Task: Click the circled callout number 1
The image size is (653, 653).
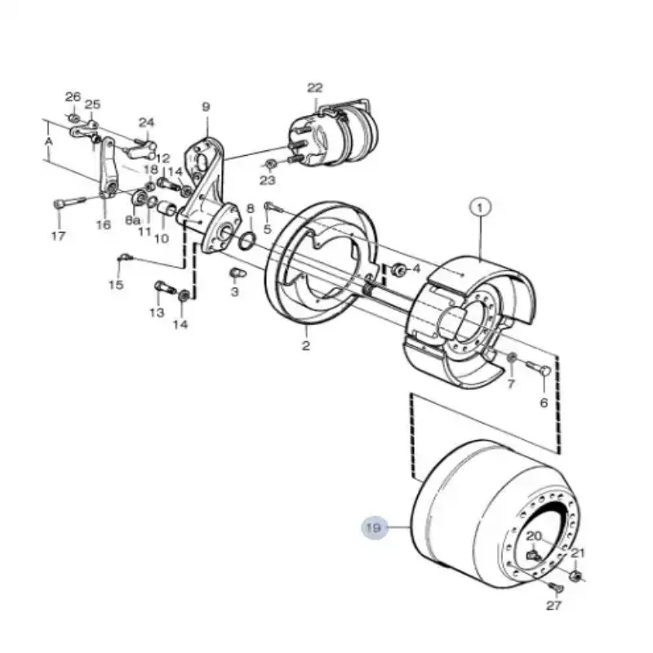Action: click(481, 208)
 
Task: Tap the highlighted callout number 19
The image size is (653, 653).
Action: click(373, 529)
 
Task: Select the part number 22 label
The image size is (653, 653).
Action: click(315, 88)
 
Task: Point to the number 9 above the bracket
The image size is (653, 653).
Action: click(206, 107)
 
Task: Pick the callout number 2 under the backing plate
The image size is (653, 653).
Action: click(306, 345)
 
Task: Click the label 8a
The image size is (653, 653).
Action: click(132, 220)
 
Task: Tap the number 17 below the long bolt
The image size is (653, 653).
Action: click(58, 238)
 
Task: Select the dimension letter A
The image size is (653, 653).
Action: click(49, 141)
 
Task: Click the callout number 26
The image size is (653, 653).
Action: click(73, 97)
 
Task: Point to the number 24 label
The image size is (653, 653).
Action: click(146, 123)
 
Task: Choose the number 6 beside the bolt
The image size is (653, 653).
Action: click(543, 402)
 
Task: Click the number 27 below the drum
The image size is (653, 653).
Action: click(554, 606)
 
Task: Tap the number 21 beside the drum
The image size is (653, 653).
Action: click(578, 553)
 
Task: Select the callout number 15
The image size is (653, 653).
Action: click(116, 284)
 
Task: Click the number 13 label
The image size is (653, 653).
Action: click(156, 313)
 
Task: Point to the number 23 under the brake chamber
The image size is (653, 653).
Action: click(268, 180)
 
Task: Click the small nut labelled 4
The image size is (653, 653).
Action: click(399, 269)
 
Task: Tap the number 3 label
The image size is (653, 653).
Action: click(235, 291)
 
